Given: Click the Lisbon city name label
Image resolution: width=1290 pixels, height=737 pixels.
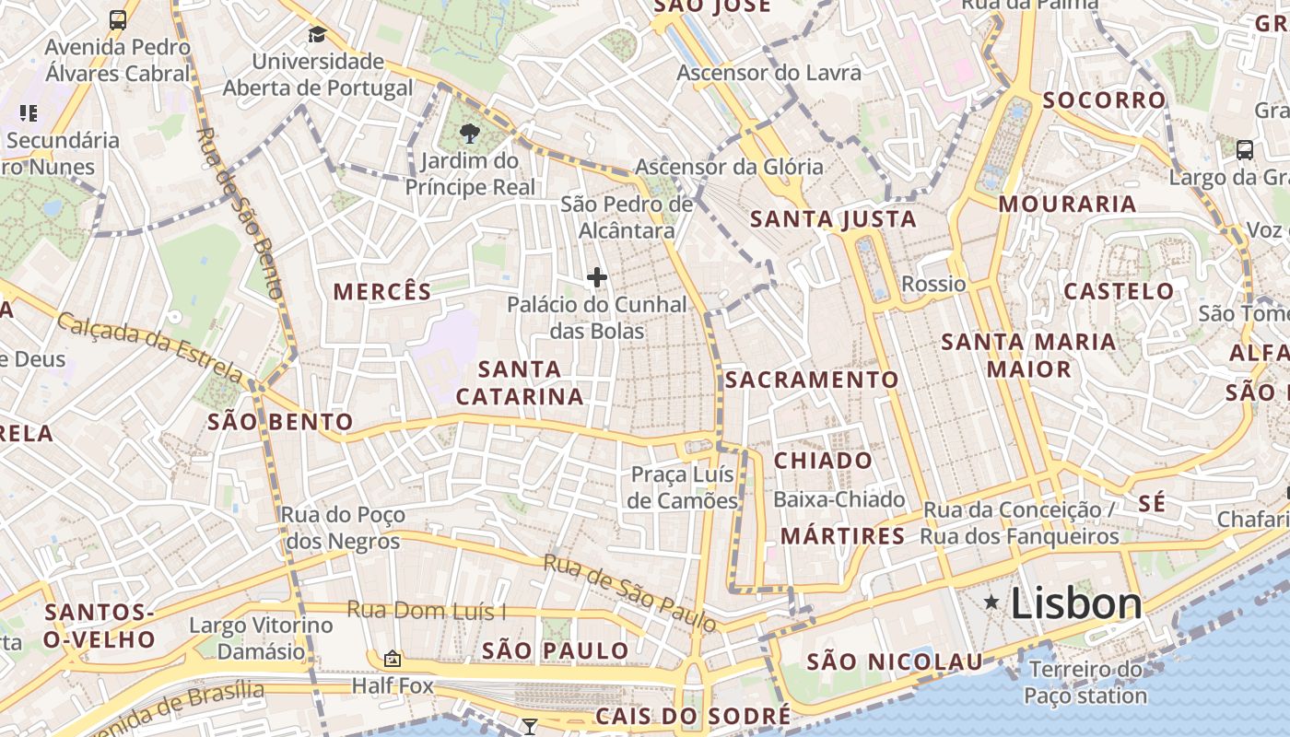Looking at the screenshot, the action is pyautogui.click(x=1076, y=604).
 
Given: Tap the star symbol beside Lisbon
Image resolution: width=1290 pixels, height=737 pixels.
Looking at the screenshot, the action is pyautogui.click(x=991, y=602).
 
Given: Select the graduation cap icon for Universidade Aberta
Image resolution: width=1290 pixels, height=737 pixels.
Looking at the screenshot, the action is pyautogui.click(x=317, y=35).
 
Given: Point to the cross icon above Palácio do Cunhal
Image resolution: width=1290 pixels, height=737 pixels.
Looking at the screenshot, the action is pyautogui.click(x=597, y=276).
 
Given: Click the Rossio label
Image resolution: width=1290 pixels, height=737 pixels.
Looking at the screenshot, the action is pyautogui.click(x=933, y=284).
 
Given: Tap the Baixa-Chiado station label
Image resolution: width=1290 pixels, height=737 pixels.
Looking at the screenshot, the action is pyautogui.click(x=839, y=499).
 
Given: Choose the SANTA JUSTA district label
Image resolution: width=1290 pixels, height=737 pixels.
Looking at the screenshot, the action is pyautogui.click(x=833, y=219).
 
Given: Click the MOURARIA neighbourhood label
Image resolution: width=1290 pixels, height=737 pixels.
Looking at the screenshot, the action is pyautogui.click(x=1067, y=204).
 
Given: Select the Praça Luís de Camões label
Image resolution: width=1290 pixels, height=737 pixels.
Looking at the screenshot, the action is pyautogui.click(x=684, y=487).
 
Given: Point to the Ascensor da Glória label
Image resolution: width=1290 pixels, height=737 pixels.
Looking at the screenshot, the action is pyautogui.click(x=729, y=167).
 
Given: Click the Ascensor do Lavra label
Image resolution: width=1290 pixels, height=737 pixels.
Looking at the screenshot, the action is pyautogui.click(x=769, y=72).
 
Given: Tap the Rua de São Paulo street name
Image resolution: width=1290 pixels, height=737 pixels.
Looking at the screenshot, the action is pyautogui.click(x=628, y=592).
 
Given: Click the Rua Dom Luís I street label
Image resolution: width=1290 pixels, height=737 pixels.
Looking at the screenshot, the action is pyautogui.click(x=427, y=610).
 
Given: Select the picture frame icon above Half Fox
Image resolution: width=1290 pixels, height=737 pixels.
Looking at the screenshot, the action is pyautogui.click(x=393, y=659).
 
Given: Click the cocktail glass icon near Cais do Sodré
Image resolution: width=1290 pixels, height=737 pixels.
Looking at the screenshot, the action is pyautogui.click(x=529, y=727).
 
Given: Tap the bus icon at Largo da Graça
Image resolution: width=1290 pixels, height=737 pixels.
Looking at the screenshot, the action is pyautogui.click(x=1244, y=149).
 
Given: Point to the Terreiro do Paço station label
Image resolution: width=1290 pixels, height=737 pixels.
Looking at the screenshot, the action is pyautogui.click(x=1085, y=683).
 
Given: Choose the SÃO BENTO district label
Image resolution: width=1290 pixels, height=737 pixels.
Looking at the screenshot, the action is pyautogui.click(x=280, y=422).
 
